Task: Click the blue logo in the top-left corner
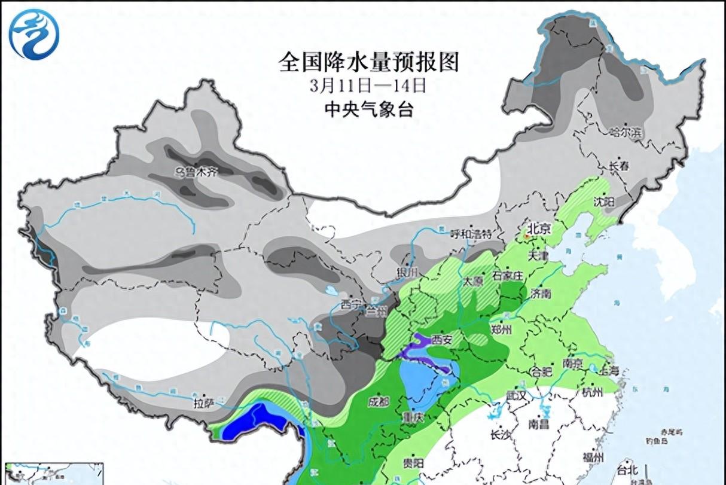pyautogui.click(x=35, y=34)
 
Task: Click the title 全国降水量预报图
pyautogui.click(x=369, y=62)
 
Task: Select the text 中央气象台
pyautogui.click(x=368, y=109)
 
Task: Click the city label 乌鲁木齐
pyautogui.click(x=194, y=172)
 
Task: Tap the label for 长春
pyautogui.click(x=619, y=167)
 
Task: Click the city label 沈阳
pyautogui.click(x=604, y=203)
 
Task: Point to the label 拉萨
pyautogui.click(x=203, y=404)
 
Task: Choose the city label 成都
pyautogui.click(x=379, y=400)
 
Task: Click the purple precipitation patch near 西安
pyautogui.click(x=419, y=349)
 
